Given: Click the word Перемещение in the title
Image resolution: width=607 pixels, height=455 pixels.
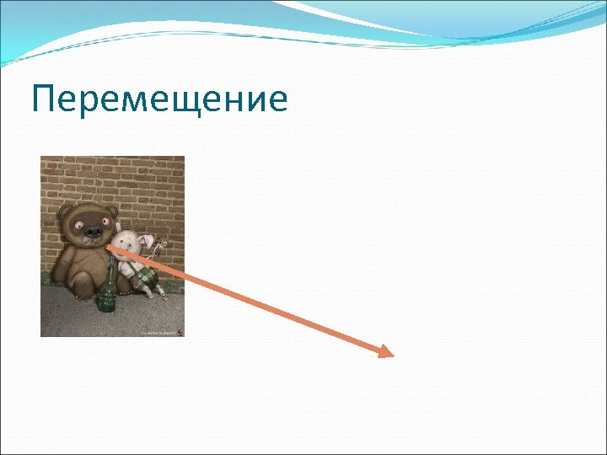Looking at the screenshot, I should pos(159,100).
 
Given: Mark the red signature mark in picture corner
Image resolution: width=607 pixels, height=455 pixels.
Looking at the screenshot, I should pos(178,331).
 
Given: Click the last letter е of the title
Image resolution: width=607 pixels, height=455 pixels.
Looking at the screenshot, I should pos(277,100).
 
